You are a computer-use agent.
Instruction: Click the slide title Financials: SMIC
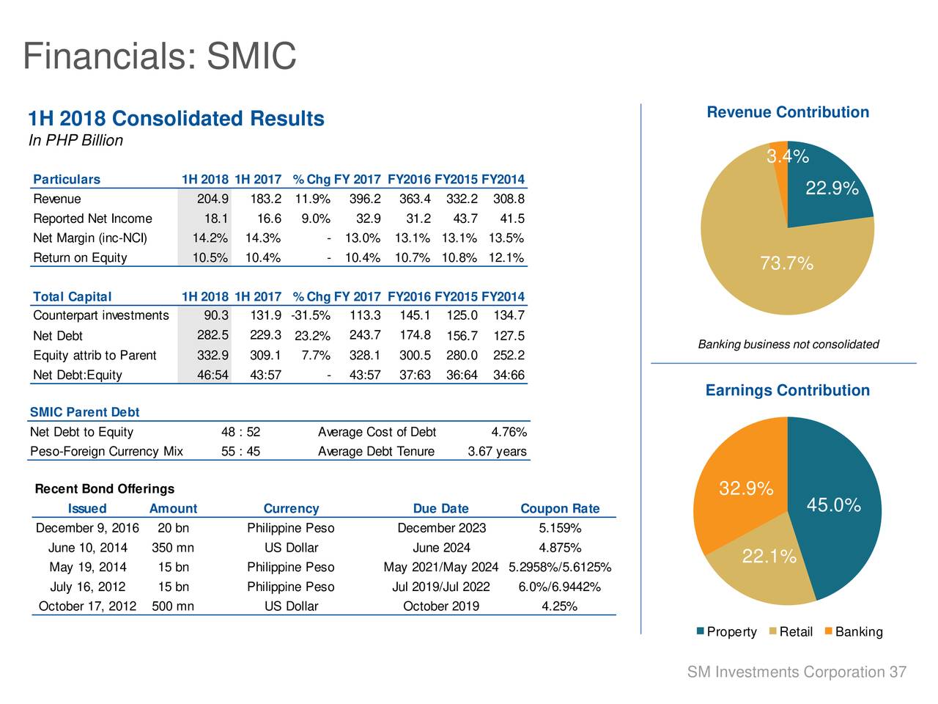click(160, 56)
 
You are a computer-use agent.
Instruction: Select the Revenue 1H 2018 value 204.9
click(213, 199)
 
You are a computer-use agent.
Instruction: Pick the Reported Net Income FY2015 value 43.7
click(462, 219)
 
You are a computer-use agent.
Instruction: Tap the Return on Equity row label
click(80, 257)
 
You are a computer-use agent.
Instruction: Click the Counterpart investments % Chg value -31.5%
click(310, 315)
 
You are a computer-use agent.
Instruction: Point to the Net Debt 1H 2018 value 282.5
click(213, 335)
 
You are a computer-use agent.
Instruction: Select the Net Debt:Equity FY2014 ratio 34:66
click(509, 375)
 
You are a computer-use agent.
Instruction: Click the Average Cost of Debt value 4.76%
click(509, 432)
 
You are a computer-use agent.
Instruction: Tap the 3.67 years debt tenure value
click(497, 451)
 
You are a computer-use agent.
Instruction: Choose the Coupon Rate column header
click(560, 509)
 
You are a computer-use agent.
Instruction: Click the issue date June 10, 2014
click(87, 548)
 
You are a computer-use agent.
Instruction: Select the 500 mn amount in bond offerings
click(172, 606)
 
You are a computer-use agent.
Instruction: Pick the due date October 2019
click(441, 606)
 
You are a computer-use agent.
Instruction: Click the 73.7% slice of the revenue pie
click(762, 249)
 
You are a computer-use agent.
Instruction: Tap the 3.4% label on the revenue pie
click(787, 156)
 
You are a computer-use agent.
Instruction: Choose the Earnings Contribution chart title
click(787, 390)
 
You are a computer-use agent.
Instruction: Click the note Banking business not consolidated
click(788, 345)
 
